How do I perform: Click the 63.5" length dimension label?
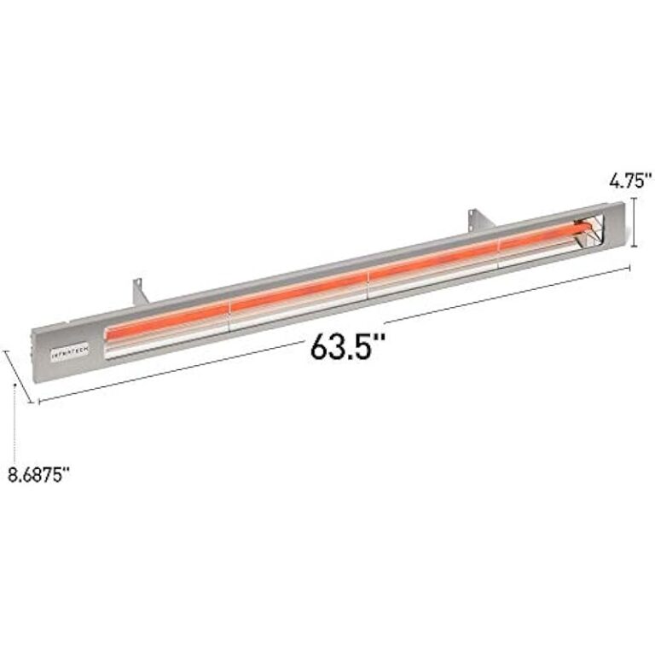click(348, 346)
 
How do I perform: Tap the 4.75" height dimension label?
click(630, 180)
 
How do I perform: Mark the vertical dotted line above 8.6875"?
click(16, 422)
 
